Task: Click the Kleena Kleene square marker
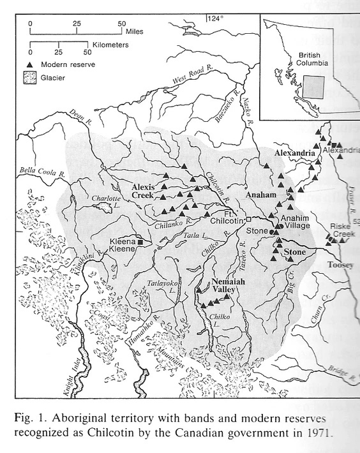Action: pyautogui.click(x=140, y=243)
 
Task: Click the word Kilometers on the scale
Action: pyautogui.click(x=109, y=46)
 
